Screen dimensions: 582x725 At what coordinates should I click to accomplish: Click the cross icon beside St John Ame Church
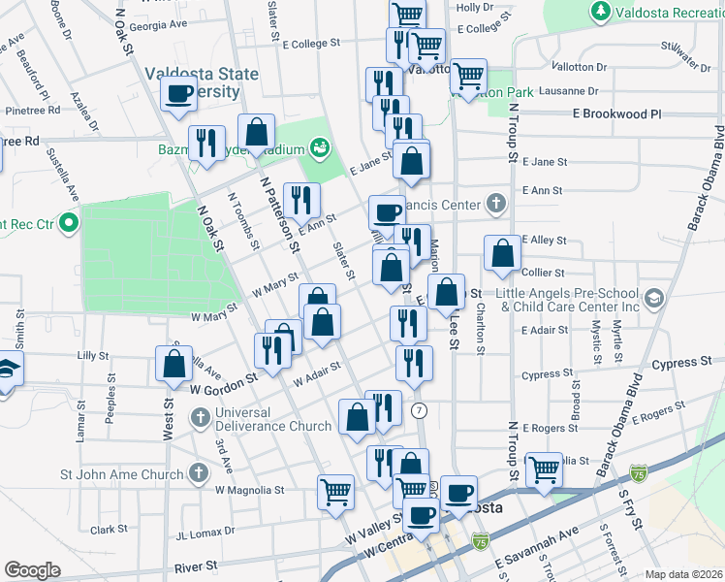[x=199, y=474]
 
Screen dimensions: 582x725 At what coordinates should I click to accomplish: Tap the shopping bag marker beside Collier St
[x=502, y=253]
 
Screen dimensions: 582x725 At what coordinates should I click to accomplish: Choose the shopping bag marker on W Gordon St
[x=174, y=364]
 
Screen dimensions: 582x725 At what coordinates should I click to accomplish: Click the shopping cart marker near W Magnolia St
[x=335, y=491]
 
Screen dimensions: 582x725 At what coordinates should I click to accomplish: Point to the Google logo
[x=32, y=570]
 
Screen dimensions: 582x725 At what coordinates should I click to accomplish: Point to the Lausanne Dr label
[x=571, y=90]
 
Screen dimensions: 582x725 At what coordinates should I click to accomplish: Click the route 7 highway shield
[x=419, y=411]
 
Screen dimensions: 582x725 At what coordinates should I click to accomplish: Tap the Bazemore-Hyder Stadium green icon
[x=318, y=148]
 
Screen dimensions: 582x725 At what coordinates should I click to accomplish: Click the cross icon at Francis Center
[x=496, y=204]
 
